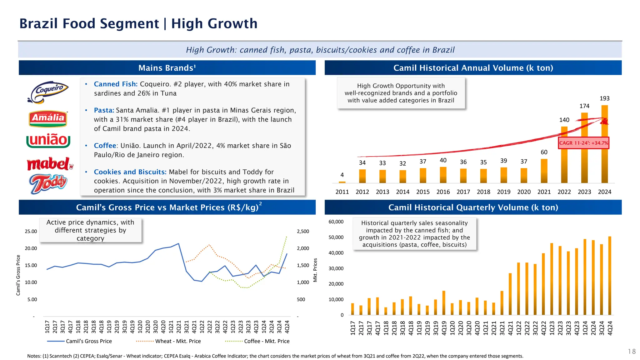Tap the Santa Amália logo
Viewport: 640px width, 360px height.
(48, 119)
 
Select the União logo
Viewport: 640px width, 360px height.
(48, 141)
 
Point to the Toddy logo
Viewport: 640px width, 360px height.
(48, 183)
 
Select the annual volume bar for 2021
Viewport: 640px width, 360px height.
(544, 171)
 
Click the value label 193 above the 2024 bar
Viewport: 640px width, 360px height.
(604, 98)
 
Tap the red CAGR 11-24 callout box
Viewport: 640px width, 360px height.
(583, 143)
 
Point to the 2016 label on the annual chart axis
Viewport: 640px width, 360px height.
(443, 192)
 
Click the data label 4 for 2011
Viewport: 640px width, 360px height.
(342, 175)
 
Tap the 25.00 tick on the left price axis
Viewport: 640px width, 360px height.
(31, 232)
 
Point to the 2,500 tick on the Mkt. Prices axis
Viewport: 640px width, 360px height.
(303, 232)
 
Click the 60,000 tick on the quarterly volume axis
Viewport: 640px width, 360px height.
(336, 222)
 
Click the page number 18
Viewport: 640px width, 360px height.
(632, 352)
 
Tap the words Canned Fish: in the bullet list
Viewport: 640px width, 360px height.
(116, 84)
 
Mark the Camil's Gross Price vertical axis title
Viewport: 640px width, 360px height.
(18, 275)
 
